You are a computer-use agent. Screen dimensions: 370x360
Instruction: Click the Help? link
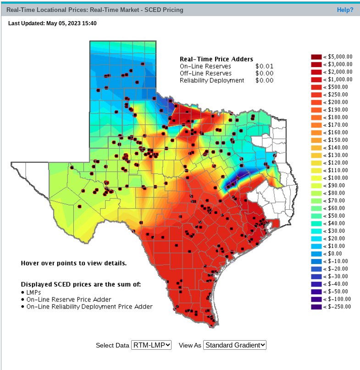[345, 10]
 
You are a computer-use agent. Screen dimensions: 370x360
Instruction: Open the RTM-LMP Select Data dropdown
[151, 345]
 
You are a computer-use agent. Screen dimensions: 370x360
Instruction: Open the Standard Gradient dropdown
[234, 345]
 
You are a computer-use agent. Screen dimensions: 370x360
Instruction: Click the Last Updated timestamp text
[52, 23]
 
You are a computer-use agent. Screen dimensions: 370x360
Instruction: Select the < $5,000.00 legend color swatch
[316, 57]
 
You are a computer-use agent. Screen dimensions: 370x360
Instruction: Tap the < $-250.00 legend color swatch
[316, 307]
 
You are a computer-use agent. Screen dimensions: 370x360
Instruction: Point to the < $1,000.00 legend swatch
[316, 79]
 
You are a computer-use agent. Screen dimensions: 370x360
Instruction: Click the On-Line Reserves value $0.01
[264, 67]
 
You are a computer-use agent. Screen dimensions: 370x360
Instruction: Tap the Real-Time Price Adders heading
[216, 59]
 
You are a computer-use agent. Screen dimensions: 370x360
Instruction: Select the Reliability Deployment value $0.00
[264, 80]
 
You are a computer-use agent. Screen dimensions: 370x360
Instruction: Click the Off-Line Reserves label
[205, 73]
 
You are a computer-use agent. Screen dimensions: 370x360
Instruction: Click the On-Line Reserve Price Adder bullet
[68, 299]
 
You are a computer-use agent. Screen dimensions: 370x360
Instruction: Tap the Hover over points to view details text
[73, 263]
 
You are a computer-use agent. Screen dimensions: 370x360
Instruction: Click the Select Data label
[112, 345]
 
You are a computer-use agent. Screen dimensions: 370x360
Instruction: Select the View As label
[190, 345]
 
